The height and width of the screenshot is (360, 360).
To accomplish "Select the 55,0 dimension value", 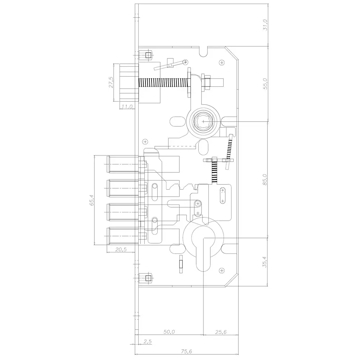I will [x=265, y=84].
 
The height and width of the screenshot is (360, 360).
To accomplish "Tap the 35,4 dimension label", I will [x=265, y=262].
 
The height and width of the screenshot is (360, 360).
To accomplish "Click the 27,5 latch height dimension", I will [x=111, y=82].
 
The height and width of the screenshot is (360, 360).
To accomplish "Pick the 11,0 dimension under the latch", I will [x=127, y=107].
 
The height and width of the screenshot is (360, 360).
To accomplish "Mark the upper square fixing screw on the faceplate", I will [x=147, y=55].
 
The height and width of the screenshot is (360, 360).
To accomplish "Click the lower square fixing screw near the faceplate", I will [x=147, y=278].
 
